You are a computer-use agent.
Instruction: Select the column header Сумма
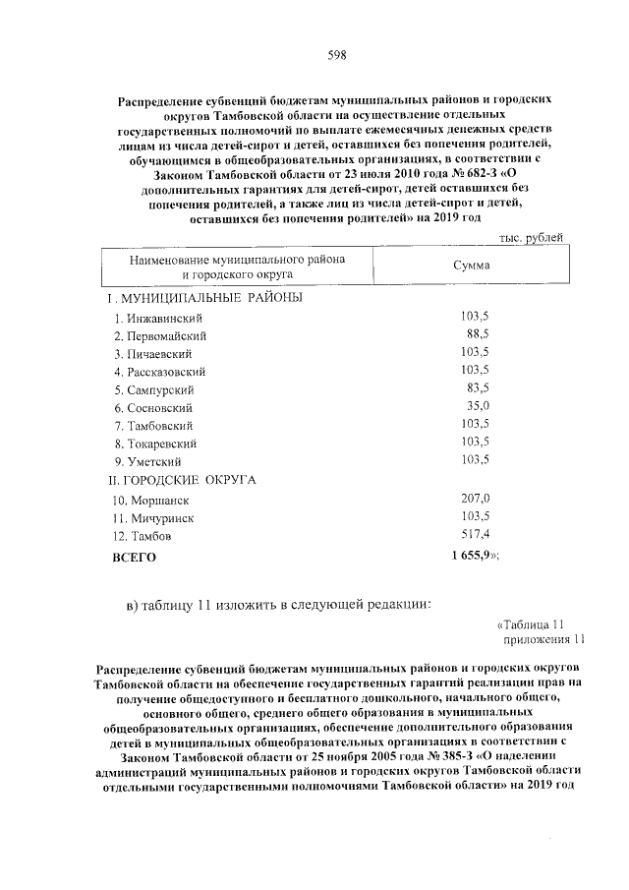(471, 266)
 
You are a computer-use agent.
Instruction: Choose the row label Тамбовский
(157, 425)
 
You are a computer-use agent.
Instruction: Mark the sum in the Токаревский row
(475, 443)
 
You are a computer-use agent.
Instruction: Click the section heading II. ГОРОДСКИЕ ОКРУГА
(181, 480)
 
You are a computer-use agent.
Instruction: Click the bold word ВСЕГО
(135, 557)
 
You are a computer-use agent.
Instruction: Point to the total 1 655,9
(469, 556)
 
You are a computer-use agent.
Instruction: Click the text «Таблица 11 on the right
(531, 624)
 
